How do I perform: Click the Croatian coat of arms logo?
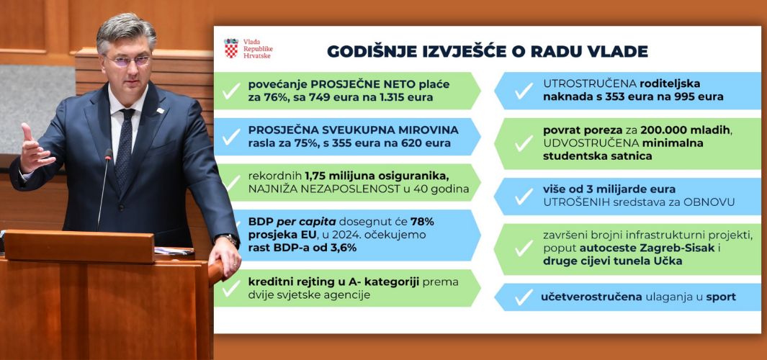(x=231, y=48)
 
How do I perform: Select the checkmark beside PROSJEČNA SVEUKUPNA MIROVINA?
(x=231, y=137)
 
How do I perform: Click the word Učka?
(x=667, y=261)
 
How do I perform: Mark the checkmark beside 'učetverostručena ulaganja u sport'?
(x=524, y=297)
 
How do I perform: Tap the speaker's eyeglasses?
(x=128, y=60)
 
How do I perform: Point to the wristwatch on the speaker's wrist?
(x=229, y=240)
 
